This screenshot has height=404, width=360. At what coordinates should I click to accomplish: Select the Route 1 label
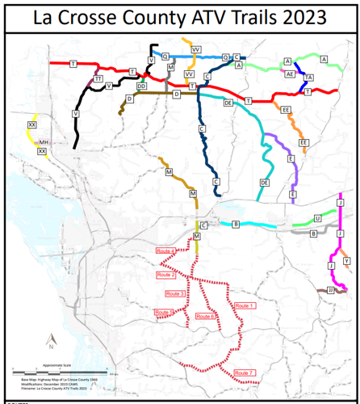245,305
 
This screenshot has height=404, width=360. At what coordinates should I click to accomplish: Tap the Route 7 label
245,372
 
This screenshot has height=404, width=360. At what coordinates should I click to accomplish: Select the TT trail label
98,78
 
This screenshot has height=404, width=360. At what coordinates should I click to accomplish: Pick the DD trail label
141,86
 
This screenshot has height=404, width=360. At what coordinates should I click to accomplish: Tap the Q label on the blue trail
165,57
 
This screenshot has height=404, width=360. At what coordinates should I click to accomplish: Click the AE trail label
290,74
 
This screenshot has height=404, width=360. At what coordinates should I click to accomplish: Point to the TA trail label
309,77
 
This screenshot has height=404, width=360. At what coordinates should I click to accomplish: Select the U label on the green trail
317,219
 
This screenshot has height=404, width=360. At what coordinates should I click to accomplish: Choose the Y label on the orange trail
346,261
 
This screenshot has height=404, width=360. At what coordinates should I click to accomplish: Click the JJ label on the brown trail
331,289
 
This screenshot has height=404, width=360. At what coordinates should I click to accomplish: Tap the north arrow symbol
50,339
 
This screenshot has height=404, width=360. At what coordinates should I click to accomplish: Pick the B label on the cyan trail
236,223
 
